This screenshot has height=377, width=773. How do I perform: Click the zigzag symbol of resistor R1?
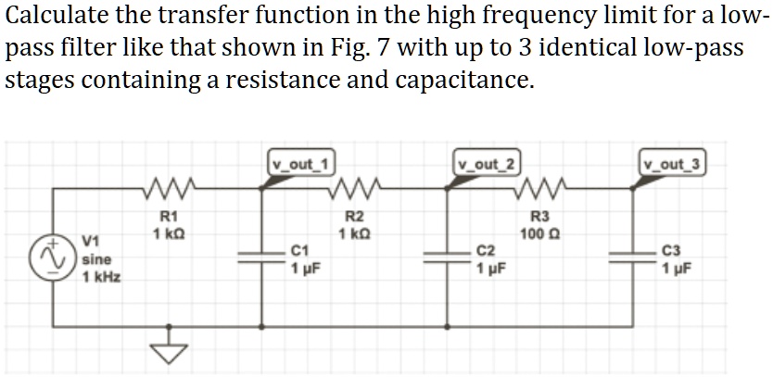click(171, 193)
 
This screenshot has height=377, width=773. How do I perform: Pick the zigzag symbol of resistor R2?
click(356, 193)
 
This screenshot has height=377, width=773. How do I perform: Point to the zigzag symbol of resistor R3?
click(541, 193)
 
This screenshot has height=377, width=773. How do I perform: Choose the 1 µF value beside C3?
click(680, 270)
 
